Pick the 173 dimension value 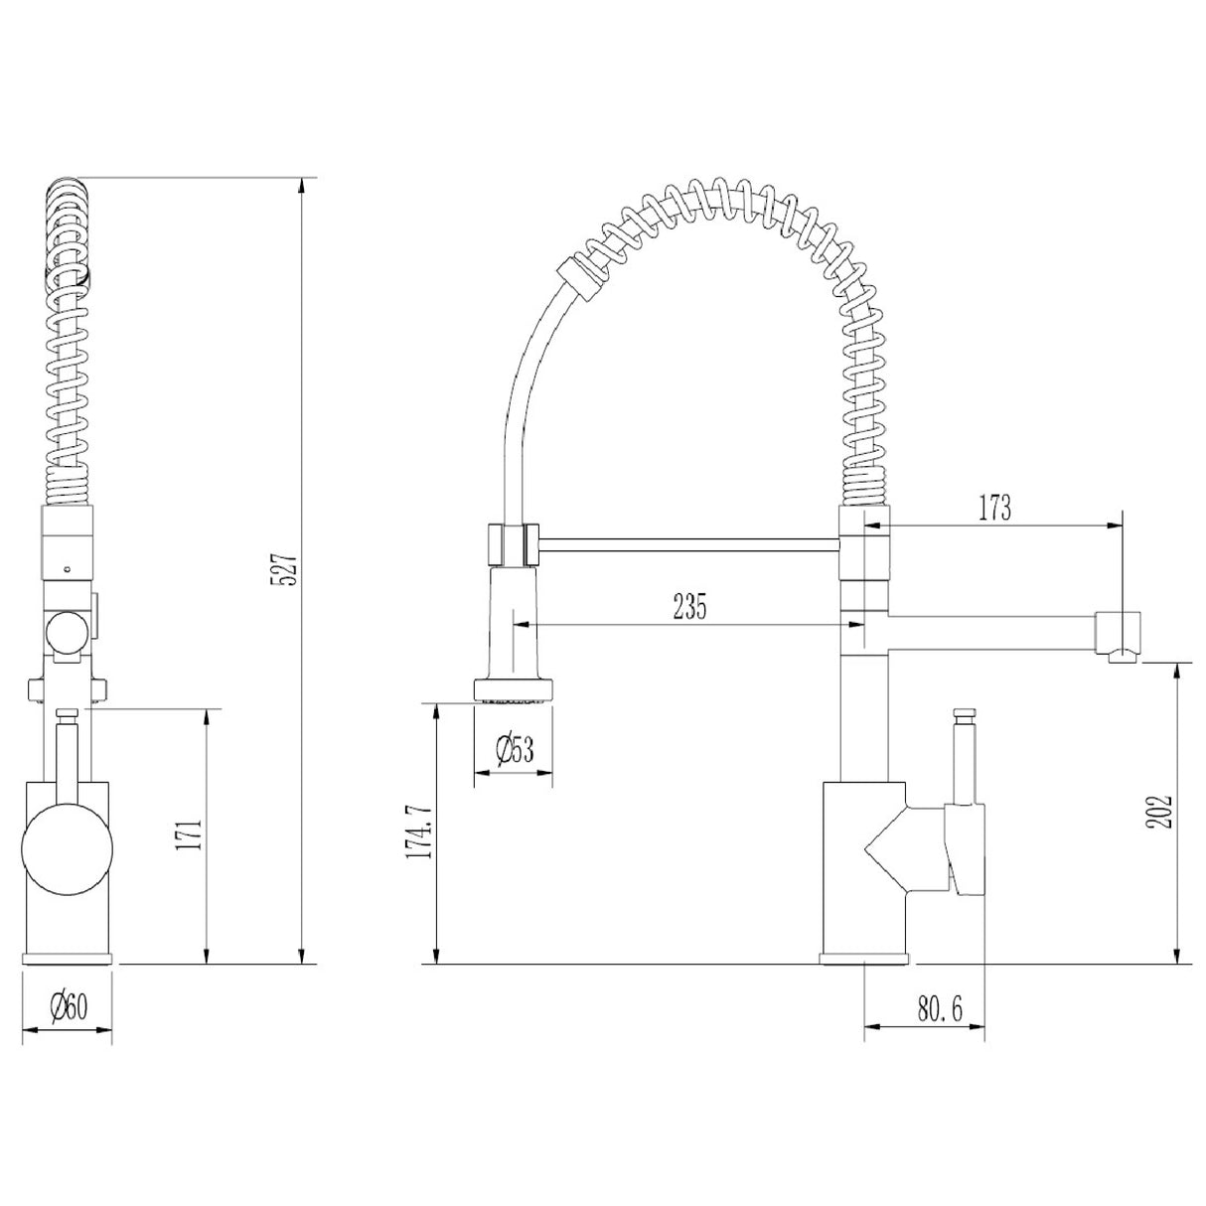(992, 508)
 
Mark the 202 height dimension (1165, 812)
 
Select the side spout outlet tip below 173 (1120, 634)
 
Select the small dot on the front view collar (66, 569)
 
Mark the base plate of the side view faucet (864, 958)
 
